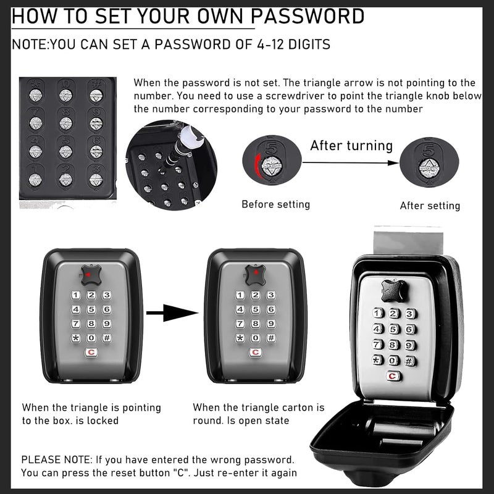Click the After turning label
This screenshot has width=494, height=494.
[351, 146]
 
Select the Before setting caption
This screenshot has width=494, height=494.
[275, 204]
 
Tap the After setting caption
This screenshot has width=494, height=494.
[430, 206]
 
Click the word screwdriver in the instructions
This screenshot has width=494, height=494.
[302, 96]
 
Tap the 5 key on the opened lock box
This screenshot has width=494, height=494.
[393, 329]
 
